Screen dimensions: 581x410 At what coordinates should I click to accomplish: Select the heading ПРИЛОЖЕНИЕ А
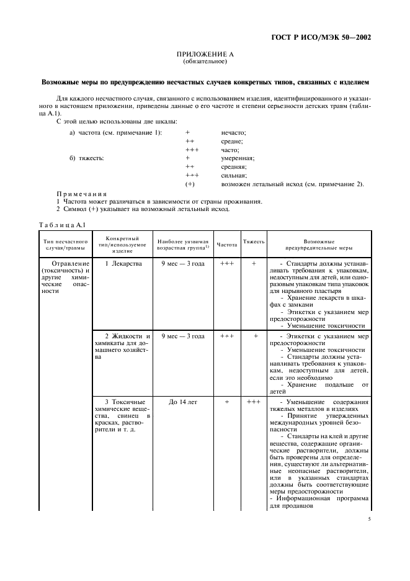(205, 55)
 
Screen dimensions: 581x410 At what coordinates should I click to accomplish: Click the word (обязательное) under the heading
(205, 62)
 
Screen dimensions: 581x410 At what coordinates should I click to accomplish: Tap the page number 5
(369, 521)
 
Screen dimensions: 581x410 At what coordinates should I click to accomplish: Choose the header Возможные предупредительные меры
(319, 244)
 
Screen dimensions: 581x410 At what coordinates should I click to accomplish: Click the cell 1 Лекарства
(123, 264)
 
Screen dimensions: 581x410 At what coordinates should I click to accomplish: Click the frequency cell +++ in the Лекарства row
(226, 264)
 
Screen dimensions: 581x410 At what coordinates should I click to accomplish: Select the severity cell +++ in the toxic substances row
(254, 402)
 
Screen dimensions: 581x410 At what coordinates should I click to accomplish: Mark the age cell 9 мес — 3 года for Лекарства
(182, 264)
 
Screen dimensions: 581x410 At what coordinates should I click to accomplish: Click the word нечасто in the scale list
(234, 133)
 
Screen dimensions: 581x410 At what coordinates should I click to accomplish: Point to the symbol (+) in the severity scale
(190, 184)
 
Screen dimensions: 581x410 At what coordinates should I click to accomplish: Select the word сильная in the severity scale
(234, 176)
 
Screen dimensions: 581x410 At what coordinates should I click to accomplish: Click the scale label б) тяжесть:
(87, 158)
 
